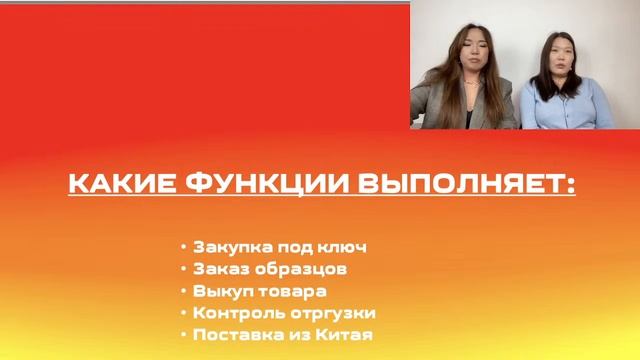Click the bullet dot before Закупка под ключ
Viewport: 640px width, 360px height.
tap(183, 247)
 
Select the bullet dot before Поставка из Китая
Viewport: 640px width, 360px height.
tap(183, 335)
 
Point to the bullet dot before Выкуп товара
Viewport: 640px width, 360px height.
tap(183, 291)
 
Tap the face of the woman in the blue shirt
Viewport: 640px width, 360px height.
tap(554, 56)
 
